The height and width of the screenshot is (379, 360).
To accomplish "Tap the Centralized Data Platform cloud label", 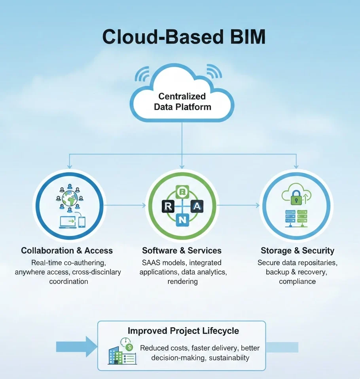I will click(x=182, y=101).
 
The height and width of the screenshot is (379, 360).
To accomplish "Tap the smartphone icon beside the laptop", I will click(x=81, y=221).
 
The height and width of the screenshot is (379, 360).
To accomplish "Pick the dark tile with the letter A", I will click(x=197, y=206).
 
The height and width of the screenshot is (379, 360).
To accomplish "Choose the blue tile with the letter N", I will click(x=182, y=220).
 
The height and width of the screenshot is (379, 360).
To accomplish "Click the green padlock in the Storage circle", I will click(x=297, y=197).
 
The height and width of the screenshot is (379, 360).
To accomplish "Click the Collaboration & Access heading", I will click(x=67, y=251).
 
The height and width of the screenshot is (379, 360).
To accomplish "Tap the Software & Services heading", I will click(x=182, y=251).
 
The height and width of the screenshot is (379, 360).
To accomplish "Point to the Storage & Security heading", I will click(x=297, y=251).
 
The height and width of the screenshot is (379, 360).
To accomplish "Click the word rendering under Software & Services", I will click(x=182, y=282).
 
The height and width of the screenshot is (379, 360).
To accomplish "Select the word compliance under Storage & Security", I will click(x=297, y=282).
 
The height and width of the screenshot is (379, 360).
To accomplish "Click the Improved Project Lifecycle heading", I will click(x=183, y=330).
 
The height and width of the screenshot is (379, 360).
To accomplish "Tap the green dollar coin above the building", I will click(x=129, y=347).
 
